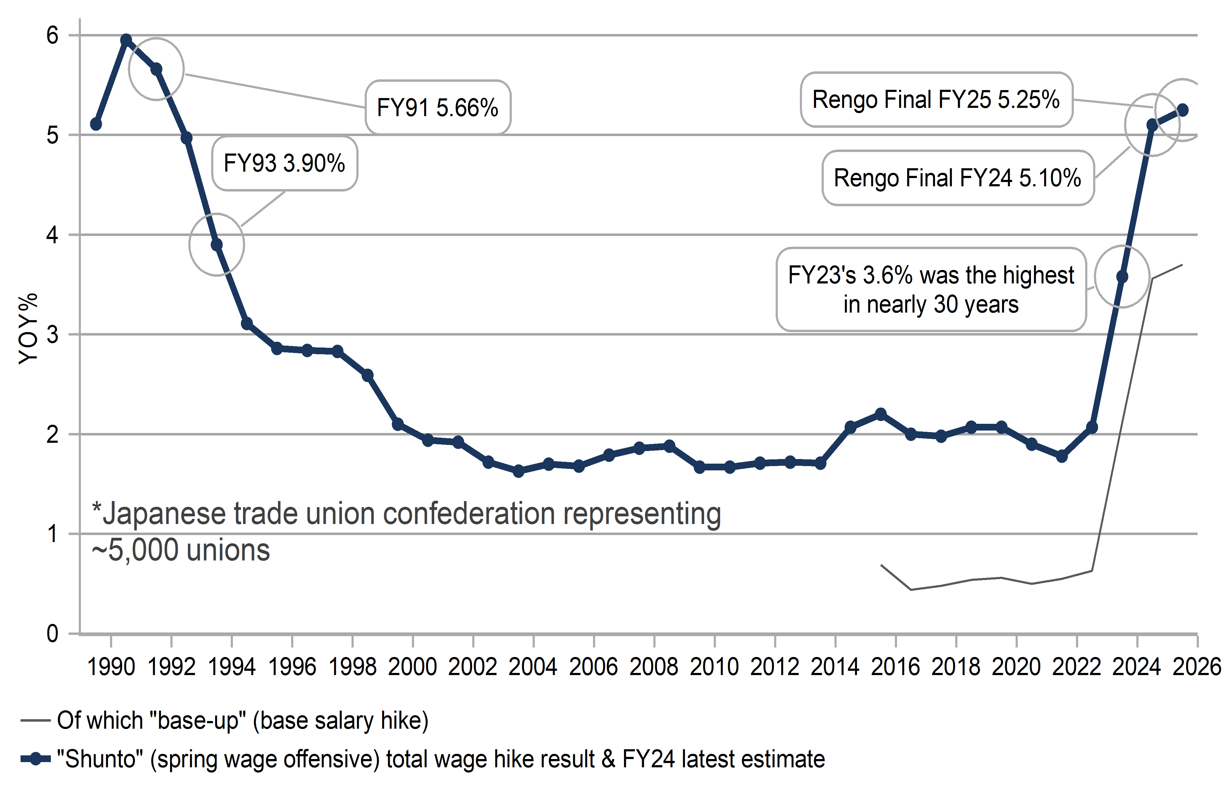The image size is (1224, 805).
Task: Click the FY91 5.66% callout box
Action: click(x=438, y=108)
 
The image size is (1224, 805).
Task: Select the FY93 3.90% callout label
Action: click(x=284, y=164)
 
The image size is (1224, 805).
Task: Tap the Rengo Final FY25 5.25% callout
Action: click(x=936, y=100)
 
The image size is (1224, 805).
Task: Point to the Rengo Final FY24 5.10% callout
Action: click(x=958, y=178)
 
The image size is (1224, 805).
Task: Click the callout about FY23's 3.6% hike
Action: click(x=931, y=290)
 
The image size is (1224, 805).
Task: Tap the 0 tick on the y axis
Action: click(x=53, y=634)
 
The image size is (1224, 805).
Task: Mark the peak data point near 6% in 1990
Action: click(x=126, y=40)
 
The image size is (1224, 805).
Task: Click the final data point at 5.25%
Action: click(x=1182, y=110)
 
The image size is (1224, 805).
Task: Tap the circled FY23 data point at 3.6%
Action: click(x=1122, y=277)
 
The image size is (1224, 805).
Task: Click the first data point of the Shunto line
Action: click(x=96, y=124)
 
